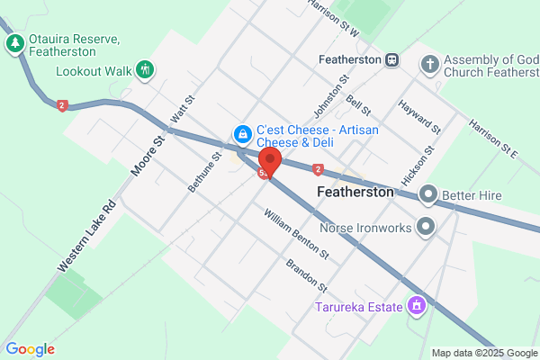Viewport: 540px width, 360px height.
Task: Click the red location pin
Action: (x=268, y=160)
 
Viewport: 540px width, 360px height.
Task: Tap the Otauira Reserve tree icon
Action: (x=14, y=43)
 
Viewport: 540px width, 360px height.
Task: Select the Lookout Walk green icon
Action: (x=145, y=69)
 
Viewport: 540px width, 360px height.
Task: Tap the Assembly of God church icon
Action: (x=430, y=64)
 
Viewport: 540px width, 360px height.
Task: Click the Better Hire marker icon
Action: (x=427, y=193)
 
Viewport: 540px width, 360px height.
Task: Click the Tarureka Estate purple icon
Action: (x=417, y=307)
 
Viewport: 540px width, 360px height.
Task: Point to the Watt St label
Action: (x=183, y=112)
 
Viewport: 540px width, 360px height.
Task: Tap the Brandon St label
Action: (x=306, y=275)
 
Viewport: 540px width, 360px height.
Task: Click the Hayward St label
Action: (x=420, y=118)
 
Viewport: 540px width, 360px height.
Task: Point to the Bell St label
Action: (x=359, y=103)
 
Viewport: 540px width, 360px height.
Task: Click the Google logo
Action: (x=30, y=349)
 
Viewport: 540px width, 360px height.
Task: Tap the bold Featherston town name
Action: (x=356, y=193)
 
